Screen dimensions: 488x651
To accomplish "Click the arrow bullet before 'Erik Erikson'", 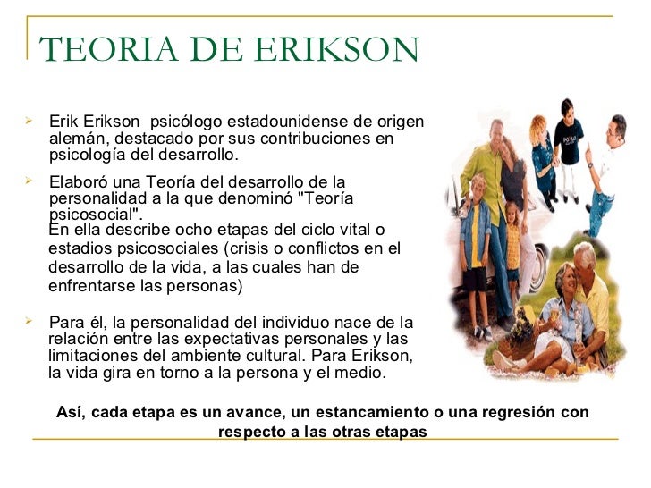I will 29,118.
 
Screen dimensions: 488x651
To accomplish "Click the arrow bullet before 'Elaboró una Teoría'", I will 29,180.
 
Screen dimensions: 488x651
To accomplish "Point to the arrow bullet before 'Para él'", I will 29,319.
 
